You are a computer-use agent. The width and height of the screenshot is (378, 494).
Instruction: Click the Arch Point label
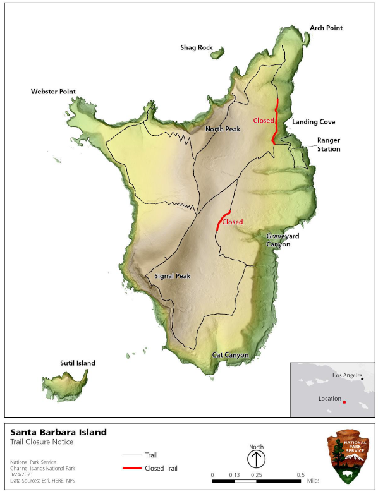coord(326,28)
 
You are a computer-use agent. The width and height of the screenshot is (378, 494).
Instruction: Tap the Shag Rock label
coord(196,47)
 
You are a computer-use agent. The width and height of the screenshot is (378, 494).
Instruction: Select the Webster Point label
coord(53,92)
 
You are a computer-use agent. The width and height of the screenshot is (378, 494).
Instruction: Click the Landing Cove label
coord(314,122)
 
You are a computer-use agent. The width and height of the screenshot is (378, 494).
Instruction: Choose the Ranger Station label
coord(329,145)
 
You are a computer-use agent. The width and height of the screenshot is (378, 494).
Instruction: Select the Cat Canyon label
coord(230,355)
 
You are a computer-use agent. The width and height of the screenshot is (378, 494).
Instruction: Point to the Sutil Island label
coord(78,363)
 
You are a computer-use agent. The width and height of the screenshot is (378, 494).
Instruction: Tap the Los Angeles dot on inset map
coord(362,379)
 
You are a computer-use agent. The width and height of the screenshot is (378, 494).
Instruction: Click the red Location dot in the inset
coord(344,402)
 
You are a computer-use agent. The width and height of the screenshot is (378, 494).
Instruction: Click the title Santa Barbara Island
coord(58,433)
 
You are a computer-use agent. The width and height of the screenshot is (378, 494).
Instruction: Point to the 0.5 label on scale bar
coord(301,474)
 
